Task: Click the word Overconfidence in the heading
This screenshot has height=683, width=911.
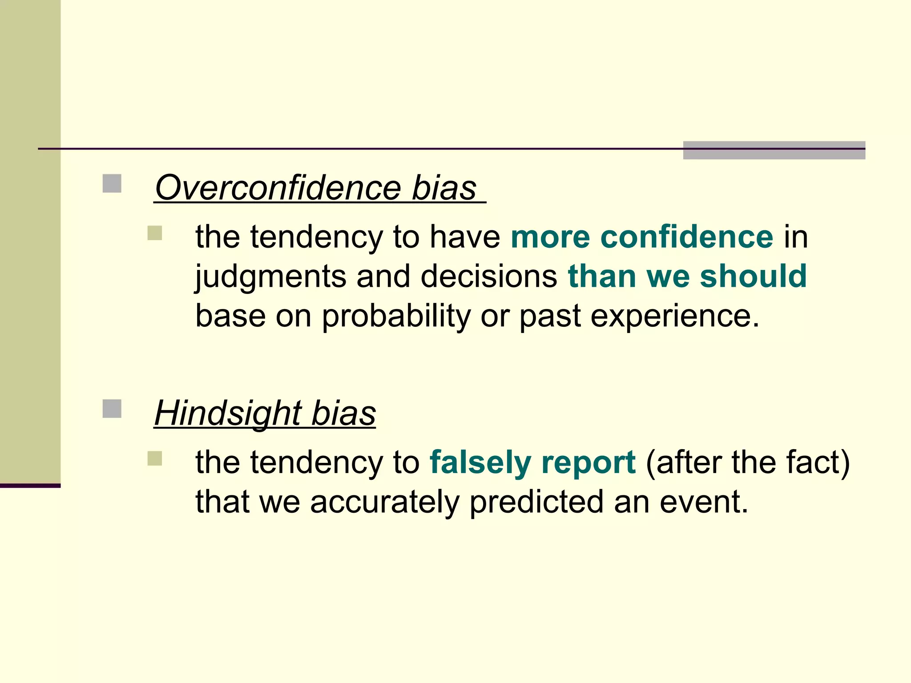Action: click(278, 188)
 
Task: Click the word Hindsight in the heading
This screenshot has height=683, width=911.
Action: click(228, 414)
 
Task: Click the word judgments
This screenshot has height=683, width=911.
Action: click(270, 277)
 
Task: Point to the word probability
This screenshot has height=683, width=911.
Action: click(396, 317)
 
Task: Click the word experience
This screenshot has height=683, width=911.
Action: click(675, 317)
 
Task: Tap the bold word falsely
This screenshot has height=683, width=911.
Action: click(480, 462)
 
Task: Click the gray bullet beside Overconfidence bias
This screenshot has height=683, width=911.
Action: click(112, 183)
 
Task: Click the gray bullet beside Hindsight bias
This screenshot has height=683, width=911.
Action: click(112, 409)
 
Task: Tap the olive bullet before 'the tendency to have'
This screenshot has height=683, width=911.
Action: click(155, 233)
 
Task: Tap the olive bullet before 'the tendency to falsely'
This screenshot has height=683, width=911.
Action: click(155, 458)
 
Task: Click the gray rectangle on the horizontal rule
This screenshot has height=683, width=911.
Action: click(774, 150)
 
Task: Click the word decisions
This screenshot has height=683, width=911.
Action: click(488, 276)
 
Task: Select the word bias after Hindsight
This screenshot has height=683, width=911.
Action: click(343, 414)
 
